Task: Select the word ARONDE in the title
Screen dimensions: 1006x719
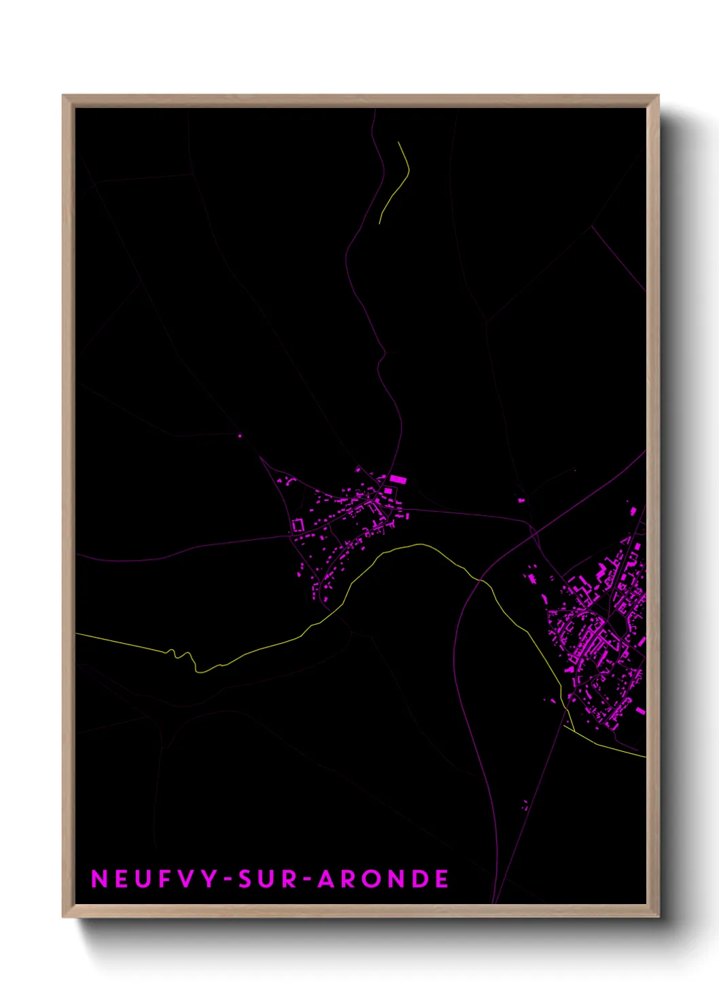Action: click(x=383, y=879)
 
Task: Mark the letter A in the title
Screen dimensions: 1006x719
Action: click(x=327, y=879)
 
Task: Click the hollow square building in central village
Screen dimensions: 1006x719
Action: click(x=298, y=525)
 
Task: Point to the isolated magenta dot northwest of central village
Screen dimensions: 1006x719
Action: click(x=240, y=436)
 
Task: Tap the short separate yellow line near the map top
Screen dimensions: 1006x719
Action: click(x=397, y=181)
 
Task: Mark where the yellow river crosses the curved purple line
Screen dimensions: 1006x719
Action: click(x=480, y=580)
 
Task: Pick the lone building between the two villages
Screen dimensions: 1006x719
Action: click(x=521, y=500)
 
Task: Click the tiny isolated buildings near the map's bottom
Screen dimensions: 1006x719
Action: click(x=525, y=805)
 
